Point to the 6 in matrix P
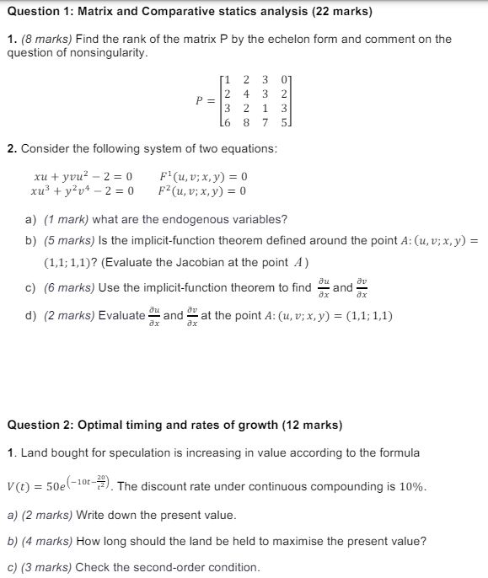(227, 124)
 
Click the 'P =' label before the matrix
(201, 102)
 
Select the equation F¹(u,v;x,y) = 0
(203, 177)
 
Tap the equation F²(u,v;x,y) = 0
(203, 190)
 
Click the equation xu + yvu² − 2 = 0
(83, 177)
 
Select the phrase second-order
(146, 567)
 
